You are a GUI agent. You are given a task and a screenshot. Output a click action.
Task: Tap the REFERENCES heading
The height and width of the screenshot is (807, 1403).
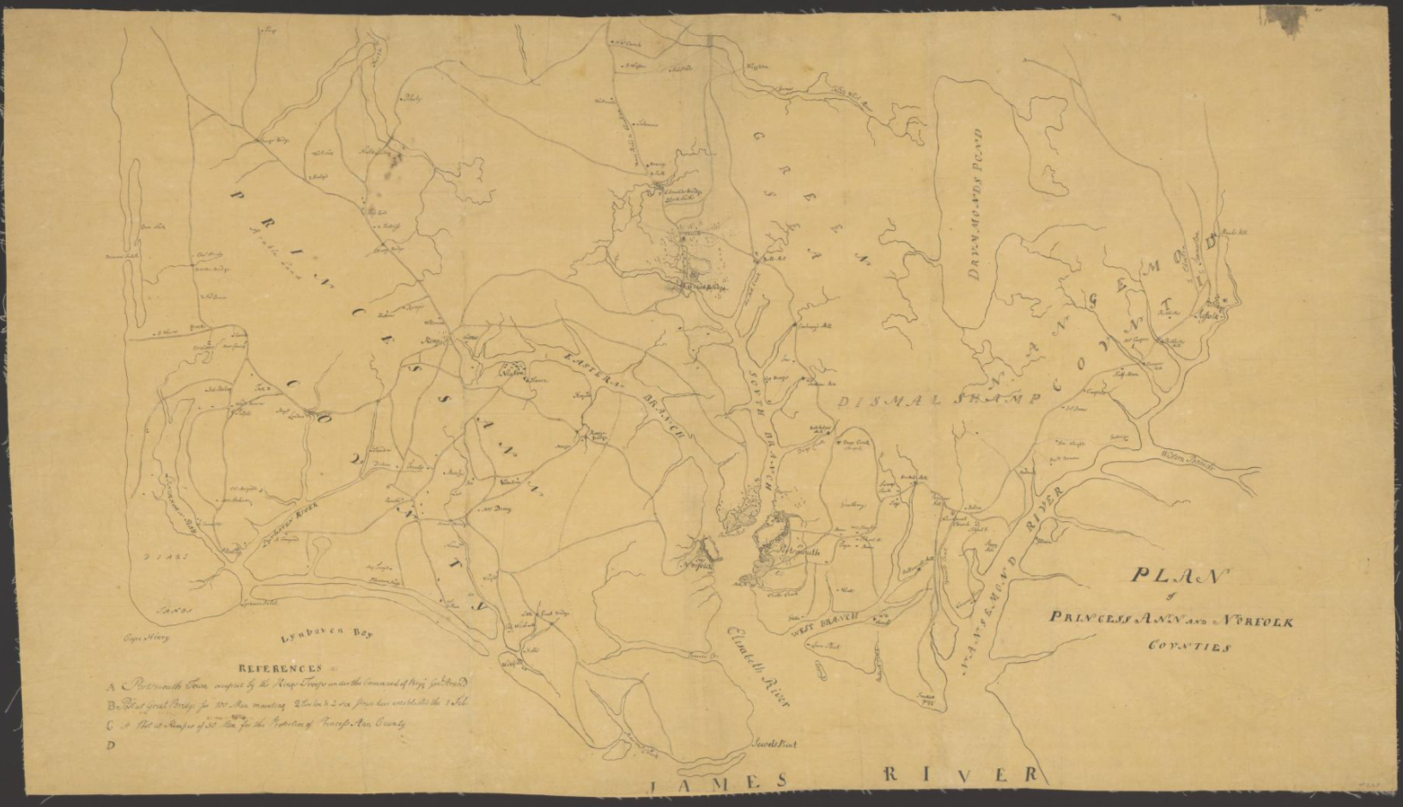(280, 667)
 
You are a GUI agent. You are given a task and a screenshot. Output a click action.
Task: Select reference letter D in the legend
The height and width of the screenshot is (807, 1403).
(111, 745)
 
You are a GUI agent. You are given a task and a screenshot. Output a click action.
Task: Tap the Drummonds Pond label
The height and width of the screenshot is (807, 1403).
(976, 207)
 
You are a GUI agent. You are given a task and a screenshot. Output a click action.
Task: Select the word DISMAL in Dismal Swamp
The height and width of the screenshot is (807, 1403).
(879, 401)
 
